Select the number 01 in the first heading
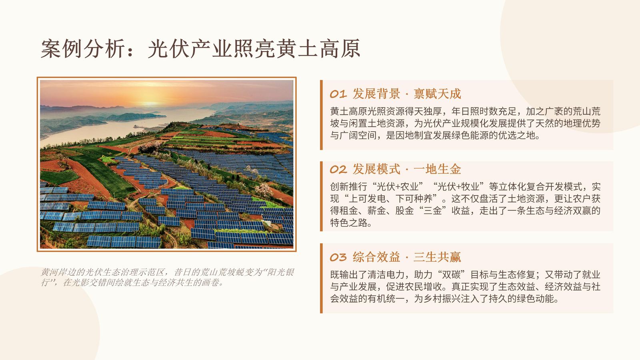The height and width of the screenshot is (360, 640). click(338, 94)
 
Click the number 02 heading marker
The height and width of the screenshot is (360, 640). click(338, 170)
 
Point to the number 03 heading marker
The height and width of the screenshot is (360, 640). click(338, 257)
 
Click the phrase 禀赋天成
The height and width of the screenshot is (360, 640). click(437, 94)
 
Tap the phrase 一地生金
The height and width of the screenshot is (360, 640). click(437, 169)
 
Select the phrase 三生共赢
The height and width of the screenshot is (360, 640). click(437, 257)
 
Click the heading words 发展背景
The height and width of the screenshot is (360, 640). click(376, 94)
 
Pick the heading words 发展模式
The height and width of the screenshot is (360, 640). click(376, 169)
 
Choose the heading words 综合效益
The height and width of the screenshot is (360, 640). click(376, 257)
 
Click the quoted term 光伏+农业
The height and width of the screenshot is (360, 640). click(398, 186)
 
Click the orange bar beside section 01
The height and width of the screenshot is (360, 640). click(322, 115)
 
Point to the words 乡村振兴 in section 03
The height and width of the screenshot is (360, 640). click(446, 298)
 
